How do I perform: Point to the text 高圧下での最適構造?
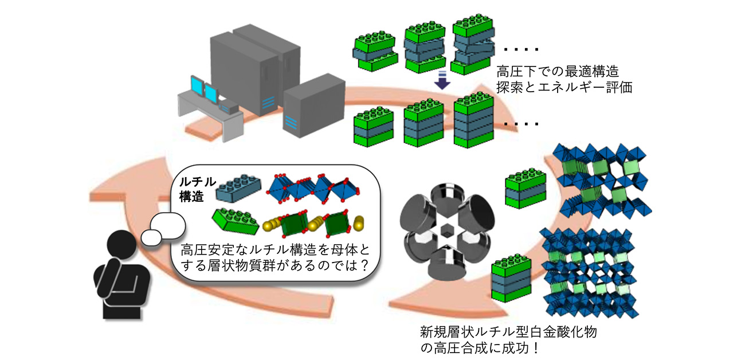pos(555,73)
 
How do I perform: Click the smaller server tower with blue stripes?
pos(309,105)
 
